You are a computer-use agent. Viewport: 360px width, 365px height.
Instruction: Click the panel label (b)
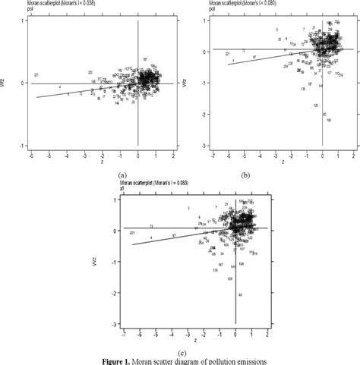click(x=245, y=175)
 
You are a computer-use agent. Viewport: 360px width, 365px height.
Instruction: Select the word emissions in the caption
click(x=250, y=360)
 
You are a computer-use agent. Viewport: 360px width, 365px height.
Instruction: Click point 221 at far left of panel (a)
click(x=36, y=75)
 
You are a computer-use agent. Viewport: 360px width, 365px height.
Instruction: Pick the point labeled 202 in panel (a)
click(x=90, y=72)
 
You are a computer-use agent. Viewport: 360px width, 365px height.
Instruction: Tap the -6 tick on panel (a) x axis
click(x=31, y=154)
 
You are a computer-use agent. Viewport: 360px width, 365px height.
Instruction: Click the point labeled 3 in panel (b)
click(x=277, y=29)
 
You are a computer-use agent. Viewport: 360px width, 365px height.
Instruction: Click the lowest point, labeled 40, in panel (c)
click(x=240, y=294)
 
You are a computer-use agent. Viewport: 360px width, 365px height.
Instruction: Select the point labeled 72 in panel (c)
click(x=152, y=226)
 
